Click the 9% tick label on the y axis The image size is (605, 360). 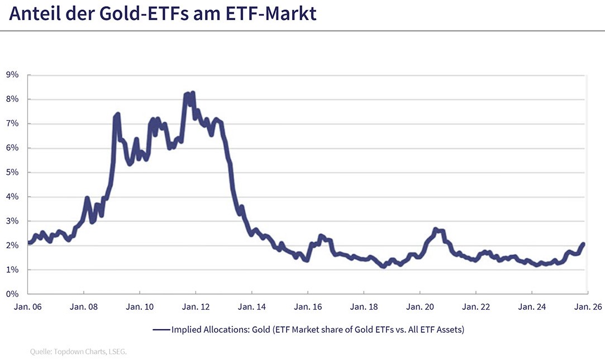13,75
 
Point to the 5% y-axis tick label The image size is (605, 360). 13,172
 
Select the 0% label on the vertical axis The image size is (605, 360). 13,294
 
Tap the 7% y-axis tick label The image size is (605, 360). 13,124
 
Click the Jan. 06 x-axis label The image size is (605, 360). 27,306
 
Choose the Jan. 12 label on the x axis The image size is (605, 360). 196,306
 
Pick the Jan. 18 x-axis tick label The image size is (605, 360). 363,306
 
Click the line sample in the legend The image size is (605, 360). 161,330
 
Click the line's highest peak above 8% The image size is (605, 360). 192,93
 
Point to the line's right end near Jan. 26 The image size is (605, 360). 583,244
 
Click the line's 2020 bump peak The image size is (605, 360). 435,229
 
